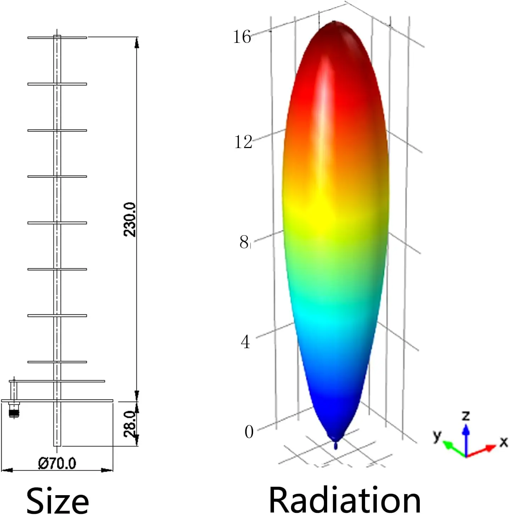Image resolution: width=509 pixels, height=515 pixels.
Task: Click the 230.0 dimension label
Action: [130, 219]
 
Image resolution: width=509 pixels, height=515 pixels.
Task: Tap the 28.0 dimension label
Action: [130, 424]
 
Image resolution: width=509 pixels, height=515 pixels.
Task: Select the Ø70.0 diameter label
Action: [57, 463]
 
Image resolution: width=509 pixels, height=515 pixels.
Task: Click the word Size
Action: [57, 500]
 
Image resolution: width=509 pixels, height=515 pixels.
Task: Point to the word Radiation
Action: [345, 499]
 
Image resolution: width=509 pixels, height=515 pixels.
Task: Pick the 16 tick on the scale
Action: [242, 36]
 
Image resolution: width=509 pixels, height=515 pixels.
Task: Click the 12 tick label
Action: [243, 142]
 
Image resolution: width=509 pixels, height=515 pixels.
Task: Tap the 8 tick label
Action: [244, 242]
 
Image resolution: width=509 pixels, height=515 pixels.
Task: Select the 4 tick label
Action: [245, 342]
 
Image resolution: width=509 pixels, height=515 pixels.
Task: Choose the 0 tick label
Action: [249, 432]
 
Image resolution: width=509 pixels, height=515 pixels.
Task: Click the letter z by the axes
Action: [466, 415]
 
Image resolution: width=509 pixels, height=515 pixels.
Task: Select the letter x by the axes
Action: [503, 442]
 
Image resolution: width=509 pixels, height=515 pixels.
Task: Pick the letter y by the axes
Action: [438, 435]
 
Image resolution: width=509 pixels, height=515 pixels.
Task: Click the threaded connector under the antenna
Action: [14, 411]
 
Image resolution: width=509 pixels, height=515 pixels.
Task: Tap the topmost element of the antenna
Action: [57, 37]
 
